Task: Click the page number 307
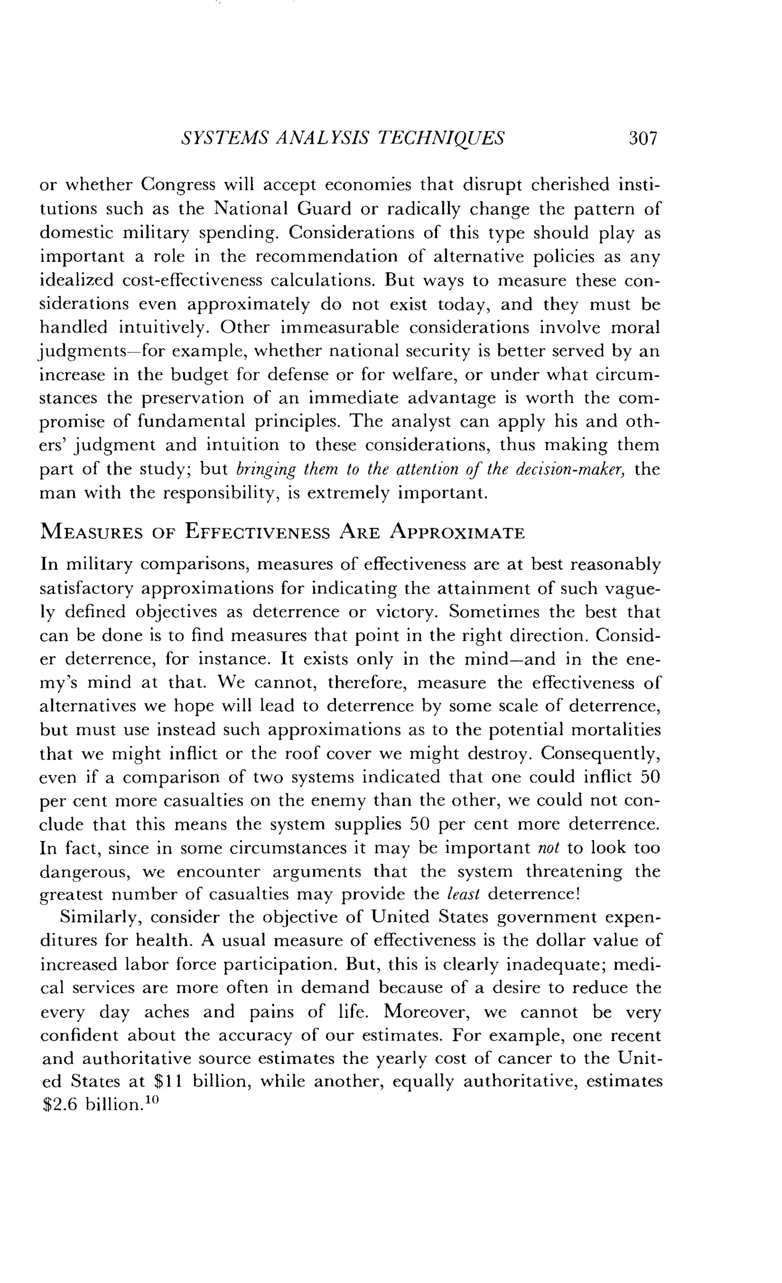point(643,138)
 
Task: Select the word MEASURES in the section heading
point(91,533)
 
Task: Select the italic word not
point(548,848)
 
